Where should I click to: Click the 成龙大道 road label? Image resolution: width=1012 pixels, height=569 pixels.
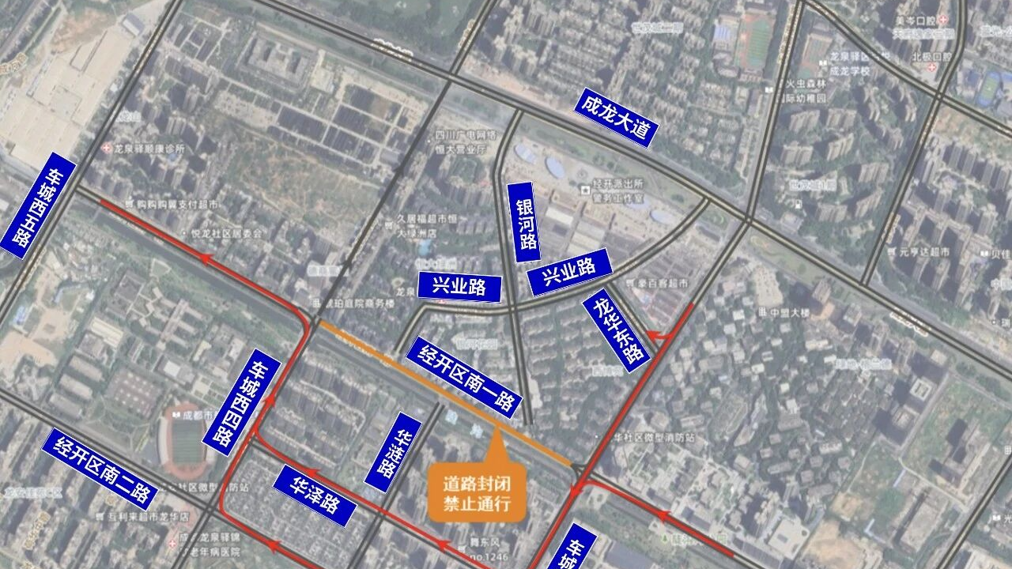click(617, 117)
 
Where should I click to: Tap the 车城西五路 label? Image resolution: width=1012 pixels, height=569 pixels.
click(38, 205)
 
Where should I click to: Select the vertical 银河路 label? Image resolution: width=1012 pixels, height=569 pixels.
click(524, 222)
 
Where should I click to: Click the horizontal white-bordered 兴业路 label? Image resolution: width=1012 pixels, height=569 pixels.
click(459, 287)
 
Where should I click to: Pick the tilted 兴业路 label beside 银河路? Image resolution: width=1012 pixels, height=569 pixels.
click(569, 272)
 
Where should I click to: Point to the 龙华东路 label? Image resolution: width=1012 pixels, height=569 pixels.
click(617, 330)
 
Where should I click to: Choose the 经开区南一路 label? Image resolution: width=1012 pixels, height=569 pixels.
click(464, 376)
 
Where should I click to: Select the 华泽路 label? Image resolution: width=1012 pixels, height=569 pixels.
click(313, 496)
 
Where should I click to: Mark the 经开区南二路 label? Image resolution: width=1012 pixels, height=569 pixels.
click(100, 469)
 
